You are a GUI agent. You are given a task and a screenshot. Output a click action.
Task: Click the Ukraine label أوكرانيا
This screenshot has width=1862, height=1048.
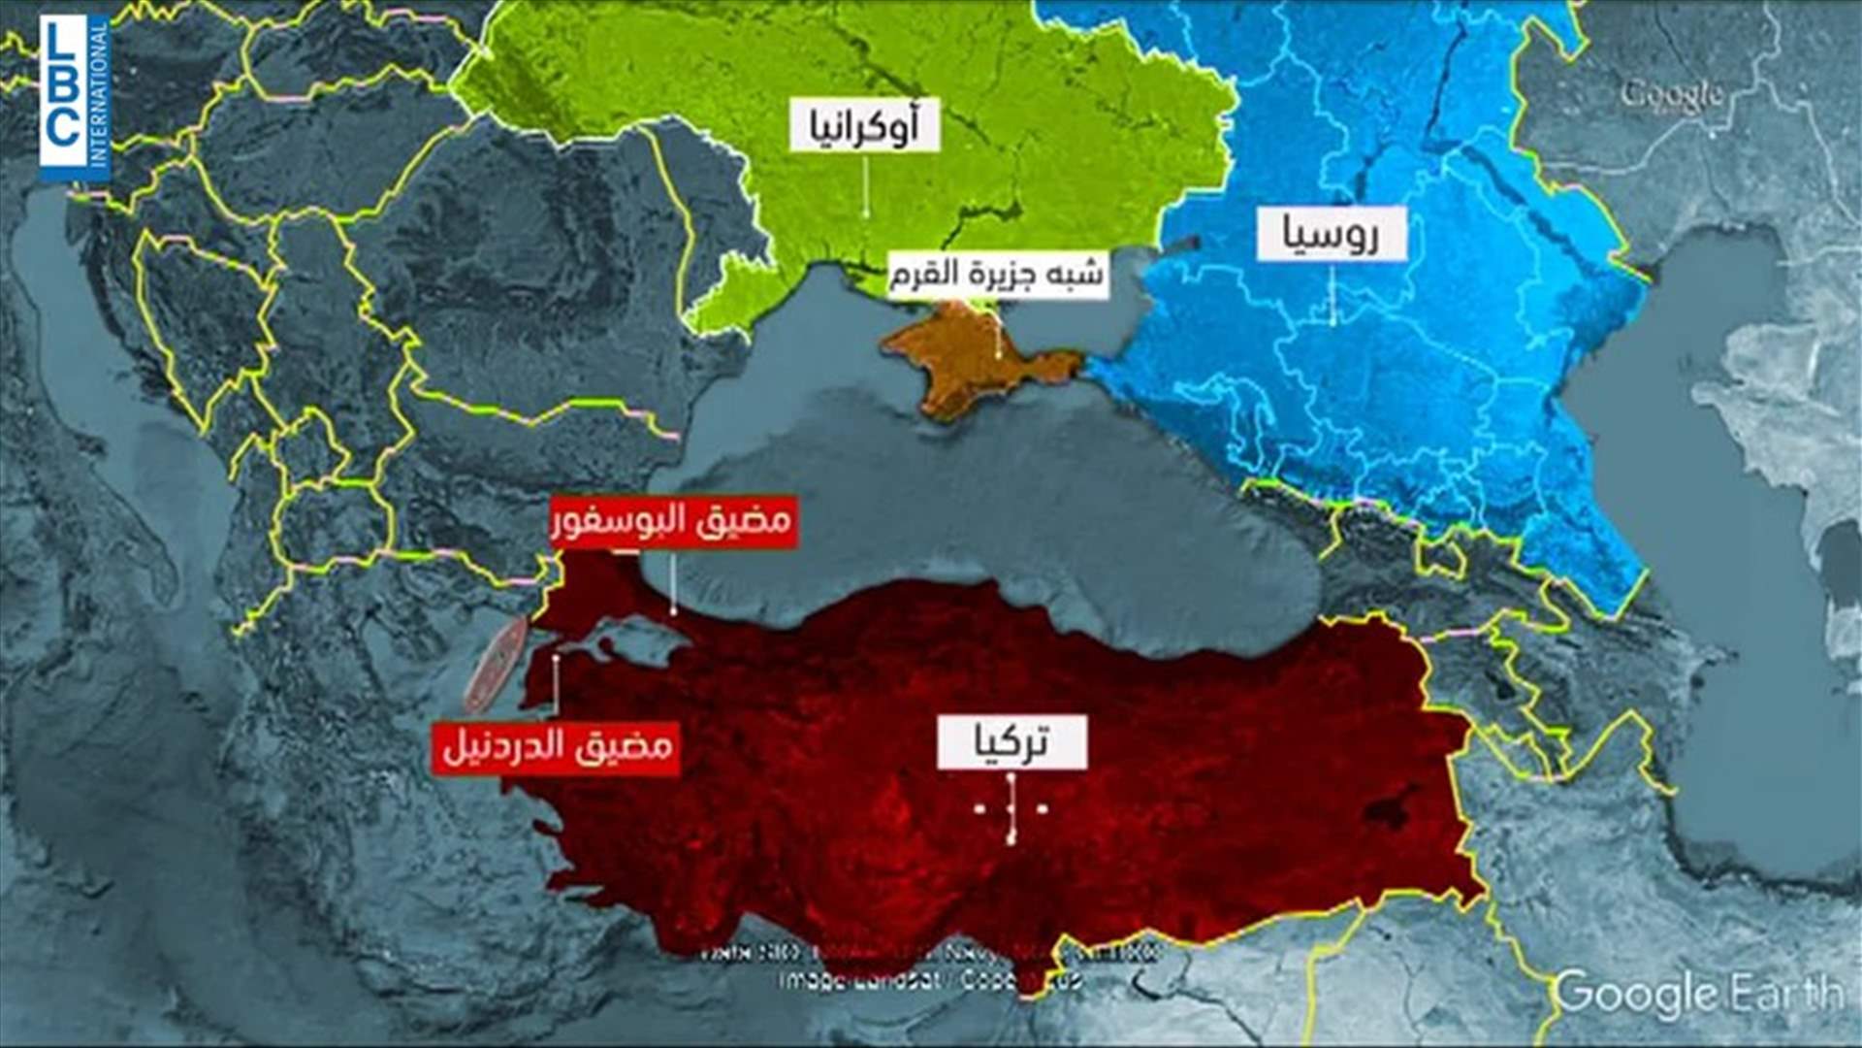(x=864, y=125)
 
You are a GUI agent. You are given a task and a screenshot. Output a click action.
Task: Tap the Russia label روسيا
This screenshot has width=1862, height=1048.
(x=1331, y=234)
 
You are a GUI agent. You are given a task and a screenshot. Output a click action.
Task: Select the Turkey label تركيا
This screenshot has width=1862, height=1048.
(x=1011, y=744)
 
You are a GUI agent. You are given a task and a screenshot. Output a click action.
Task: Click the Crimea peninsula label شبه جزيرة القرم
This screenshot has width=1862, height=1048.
(x=996, y=275)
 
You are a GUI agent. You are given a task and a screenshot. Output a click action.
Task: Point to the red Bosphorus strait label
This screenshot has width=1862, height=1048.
(x=673, y=522)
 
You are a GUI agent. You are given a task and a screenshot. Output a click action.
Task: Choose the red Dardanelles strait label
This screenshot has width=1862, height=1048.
(x=557, y=748)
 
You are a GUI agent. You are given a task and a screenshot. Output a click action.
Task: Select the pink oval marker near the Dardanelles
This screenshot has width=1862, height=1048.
(x=495, y=665)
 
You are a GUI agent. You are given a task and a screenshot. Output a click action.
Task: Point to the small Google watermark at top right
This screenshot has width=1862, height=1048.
(x=1671, y=95)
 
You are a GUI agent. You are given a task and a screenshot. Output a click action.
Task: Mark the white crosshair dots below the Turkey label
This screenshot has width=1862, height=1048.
(x=1011, y=807)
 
